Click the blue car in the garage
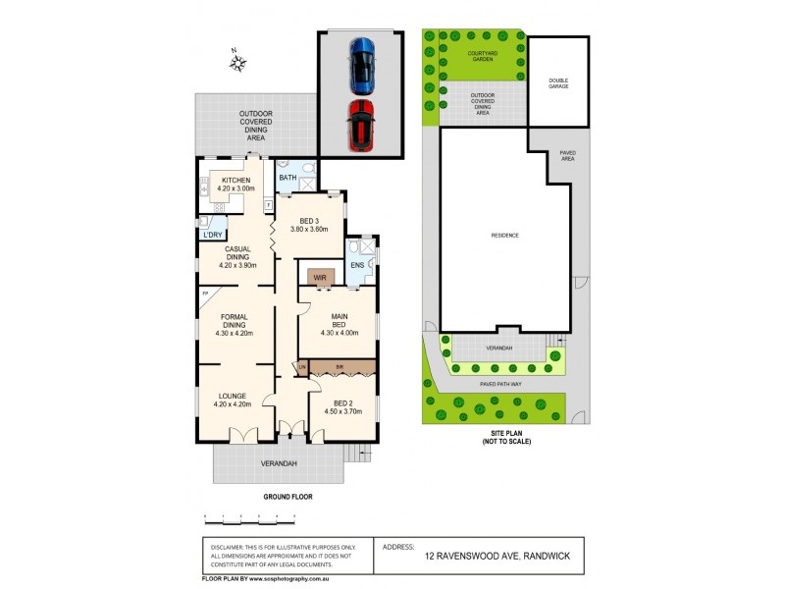click(362, 62)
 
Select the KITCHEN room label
click(236, 181)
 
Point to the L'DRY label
click(211, 235)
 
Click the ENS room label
click(357, 264)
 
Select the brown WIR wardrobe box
click(320, 278)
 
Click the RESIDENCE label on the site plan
click(504, 236)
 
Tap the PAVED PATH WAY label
click(501, 384)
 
